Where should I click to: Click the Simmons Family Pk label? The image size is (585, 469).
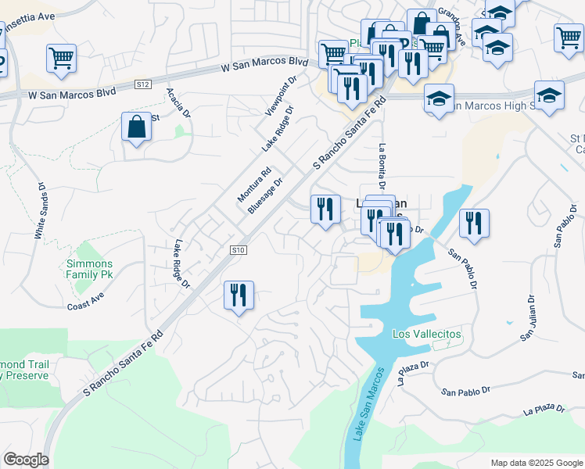pyautogui.click(x=88, y=270)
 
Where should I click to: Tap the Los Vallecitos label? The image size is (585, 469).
pyautogui.click(x=426, y=334)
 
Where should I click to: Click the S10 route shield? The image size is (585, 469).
pyautogui.click(x=239, y=249)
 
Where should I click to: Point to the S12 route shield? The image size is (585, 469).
pyautogui.click(x=142, y=84)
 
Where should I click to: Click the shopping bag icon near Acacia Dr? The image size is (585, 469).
pyautogui.click(x=137, y=127)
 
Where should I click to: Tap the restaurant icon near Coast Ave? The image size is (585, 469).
pyautogui.click(x=239, y=295)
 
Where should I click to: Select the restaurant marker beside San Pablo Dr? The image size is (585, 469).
pyautogui.click(x=474, y=223)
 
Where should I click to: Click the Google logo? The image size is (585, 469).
pyautogui.click(x=26, y=460)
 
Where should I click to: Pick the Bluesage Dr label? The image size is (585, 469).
pyautogui.click(x=264, y=195)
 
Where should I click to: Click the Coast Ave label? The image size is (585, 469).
pyautogui.click(x=85, y=302)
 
